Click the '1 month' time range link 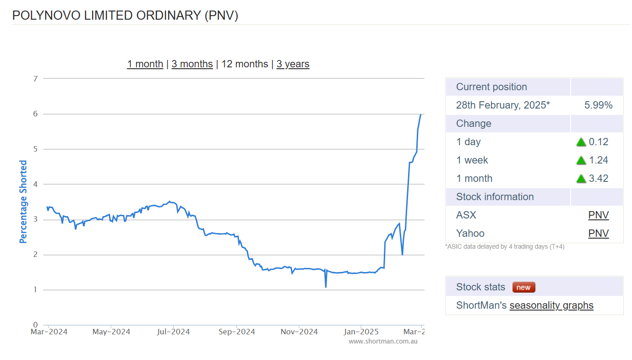click(145, 64)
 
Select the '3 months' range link click(192, 64)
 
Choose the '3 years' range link click(293, 64)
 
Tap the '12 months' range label click(245, 64)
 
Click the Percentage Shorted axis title click(23, 202)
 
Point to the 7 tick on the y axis click(35, 79)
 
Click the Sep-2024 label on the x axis click(236, 332)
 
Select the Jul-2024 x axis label click(174, 332)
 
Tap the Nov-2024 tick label click(299, 332)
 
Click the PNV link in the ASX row click(598, 215)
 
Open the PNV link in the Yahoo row click(598, 234)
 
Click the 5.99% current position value click(598, 105)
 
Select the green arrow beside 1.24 click(581, 160)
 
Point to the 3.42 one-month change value click(599, 179)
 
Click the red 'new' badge click(523, 287)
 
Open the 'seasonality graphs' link click(551, 305)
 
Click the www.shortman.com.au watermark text click(383, 341)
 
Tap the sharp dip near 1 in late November click(326, 287)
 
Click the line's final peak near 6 click(420, 115)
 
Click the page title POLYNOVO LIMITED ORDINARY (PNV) click(125, 15)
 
